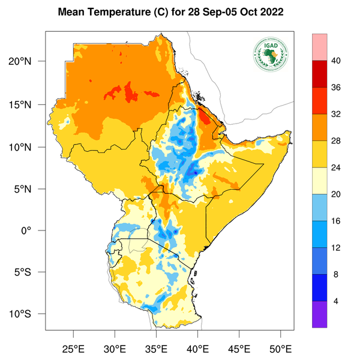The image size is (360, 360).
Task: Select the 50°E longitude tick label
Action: point(280,349)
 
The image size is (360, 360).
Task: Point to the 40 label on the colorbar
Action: point(337,60)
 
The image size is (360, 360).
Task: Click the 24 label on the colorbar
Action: point(337,167)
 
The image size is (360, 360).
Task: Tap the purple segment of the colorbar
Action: point(319,314)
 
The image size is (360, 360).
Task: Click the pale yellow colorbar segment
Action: point(319,181)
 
